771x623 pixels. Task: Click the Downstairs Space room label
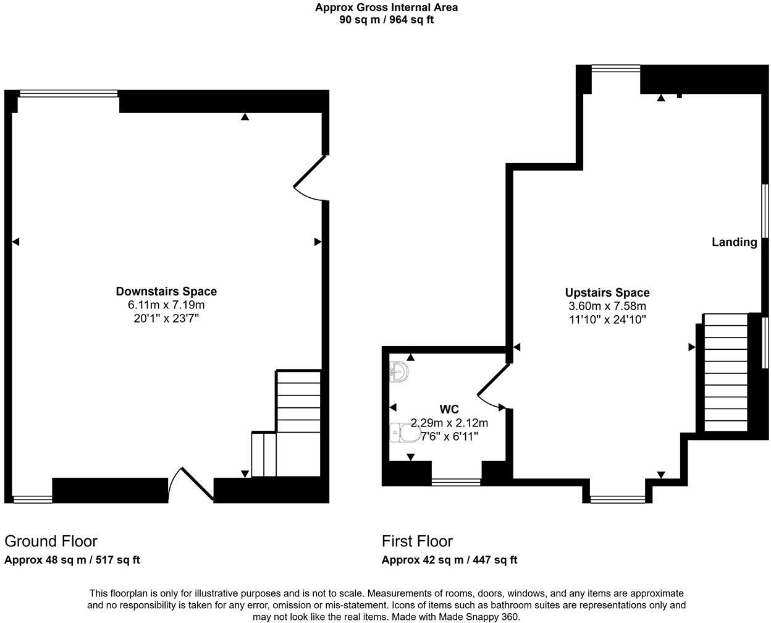(x=166, y=291)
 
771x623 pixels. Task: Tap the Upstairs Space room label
(x=607, y=292)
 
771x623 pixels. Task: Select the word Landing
(x=734, y=242)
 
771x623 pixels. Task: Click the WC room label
(x=449, y=409)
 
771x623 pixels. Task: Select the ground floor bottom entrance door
(x=191, y=484)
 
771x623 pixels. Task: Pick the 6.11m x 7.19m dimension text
(x=166, y=305)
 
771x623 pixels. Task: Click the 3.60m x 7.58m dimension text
(x=607, y=306)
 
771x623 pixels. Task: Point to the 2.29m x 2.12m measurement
(x=449, y=423)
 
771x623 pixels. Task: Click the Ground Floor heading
(x=51, y=541)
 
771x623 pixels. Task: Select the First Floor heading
(x=417, y=541)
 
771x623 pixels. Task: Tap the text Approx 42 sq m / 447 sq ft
(x=449, y=560)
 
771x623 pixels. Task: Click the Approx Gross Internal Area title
(x=386, y=7)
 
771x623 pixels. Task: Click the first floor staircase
(x=726, y=373)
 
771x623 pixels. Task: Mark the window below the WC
(x=456, y=481)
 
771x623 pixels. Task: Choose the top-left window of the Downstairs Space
(x=68, y=94)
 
